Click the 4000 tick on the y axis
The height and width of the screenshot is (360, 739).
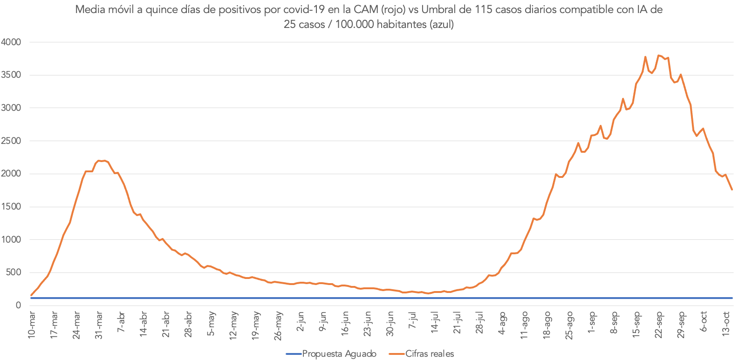[11, 42]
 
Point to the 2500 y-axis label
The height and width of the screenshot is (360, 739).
[11, 141]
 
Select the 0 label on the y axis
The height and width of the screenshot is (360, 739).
[18, 306]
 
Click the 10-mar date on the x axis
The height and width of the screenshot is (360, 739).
[32, 325]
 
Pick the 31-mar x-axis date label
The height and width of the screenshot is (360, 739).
[99, 325]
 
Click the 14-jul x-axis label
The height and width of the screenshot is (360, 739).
[435, 322]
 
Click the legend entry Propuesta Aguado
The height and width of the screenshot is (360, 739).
[339, 354]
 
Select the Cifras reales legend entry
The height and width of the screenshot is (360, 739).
[429, 354]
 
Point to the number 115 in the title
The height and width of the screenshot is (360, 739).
[484, 10]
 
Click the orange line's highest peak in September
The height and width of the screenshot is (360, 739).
[658, 55]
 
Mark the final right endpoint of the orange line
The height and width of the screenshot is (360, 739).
[732, 190]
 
